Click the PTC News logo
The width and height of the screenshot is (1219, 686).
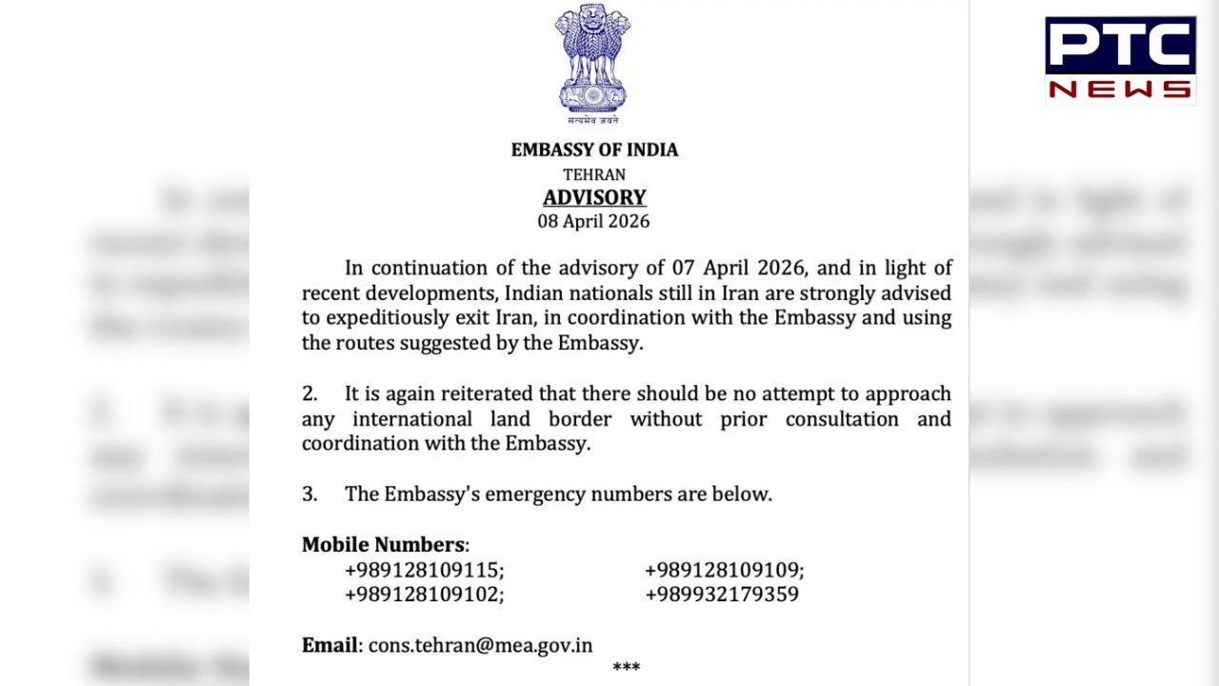pos(1120,58)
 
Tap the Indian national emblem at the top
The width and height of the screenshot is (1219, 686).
pos(592,63)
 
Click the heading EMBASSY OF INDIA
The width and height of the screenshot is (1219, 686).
pos(594,150)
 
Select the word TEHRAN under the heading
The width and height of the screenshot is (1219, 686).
pos(594,174)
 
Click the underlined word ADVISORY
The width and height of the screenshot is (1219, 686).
pos(594,198)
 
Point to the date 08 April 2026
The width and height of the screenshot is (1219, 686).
pos(593,222)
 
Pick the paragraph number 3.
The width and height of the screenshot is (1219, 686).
pos(310,494)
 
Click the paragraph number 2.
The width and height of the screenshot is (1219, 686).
pos(310,394)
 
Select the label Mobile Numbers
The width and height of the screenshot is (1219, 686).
pos(383,545)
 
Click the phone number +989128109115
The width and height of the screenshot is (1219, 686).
pos(423,571)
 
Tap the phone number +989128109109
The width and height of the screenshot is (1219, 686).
pos(722,571)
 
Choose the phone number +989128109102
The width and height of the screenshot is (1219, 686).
pos(423,595)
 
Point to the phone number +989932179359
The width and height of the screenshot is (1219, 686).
pos(722,595)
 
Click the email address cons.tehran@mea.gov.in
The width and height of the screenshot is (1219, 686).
pos(480,645)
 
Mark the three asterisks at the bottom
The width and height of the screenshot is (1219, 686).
pos(626,667)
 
